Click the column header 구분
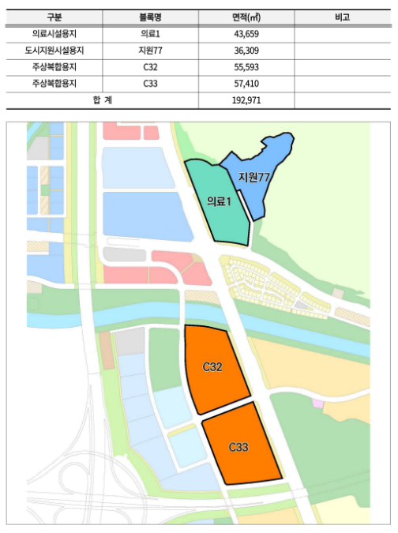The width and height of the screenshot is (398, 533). [53, 17]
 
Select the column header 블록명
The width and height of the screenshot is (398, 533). [151, 17]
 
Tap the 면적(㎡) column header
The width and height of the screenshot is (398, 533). [247, 17]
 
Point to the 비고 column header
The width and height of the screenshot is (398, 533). [341, 17]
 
